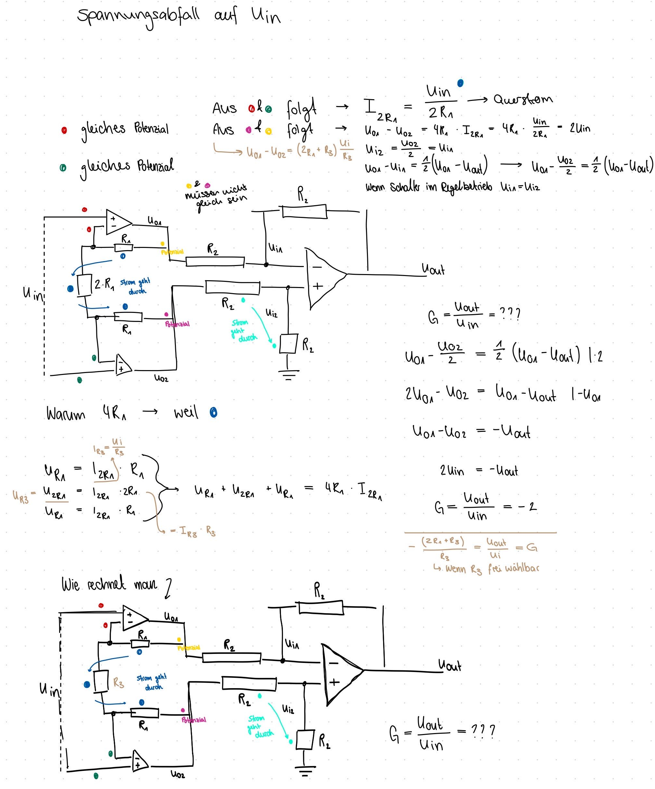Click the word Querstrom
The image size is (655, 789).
pos(523,99)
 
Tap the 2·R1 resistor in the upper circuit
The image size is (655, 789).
pos(85,285)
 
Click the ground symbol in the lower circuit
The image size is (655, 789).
pos(305,771)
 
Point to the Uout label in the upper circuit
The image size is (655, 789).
pos(433,269)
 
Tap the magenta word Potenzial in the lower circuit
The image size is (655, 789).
pos(194,720)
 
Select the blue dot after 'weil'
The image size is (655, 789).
pos(213,412)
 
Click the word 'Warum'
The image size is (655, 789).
pos(66,414)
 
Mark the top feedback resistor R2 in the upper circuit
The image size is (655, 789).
pos(305,211)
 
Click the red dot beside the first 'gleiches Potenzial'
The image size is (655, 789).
pos(64,130)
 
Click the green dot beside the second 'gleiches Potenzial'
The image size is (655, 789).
pos(63,168)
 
